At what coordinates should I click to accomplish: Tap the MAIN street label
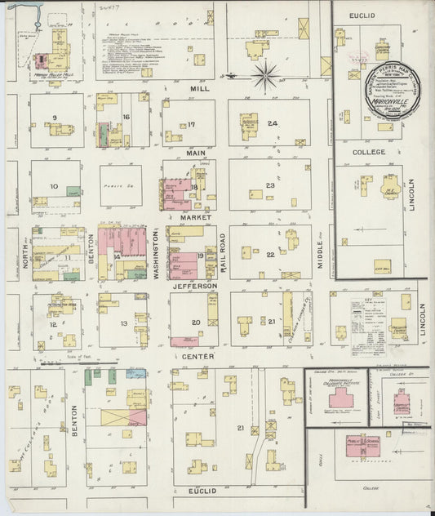(x=194, y=153)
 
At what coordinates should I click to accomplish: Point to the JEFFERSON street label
(x=194, y=286)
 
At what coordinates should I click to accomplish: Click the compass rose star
(x=264, y=77)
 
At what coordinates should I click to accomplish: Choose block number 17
(x=191, y=125)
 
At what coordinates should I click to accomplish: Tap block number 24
(x=273, y=123)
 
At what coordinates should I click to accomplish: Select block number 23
(x=269, y=185)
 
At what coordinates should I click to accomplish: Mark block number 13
(x=124, y=323)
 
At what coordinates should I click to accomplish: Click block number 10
(x=53, y=186)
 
